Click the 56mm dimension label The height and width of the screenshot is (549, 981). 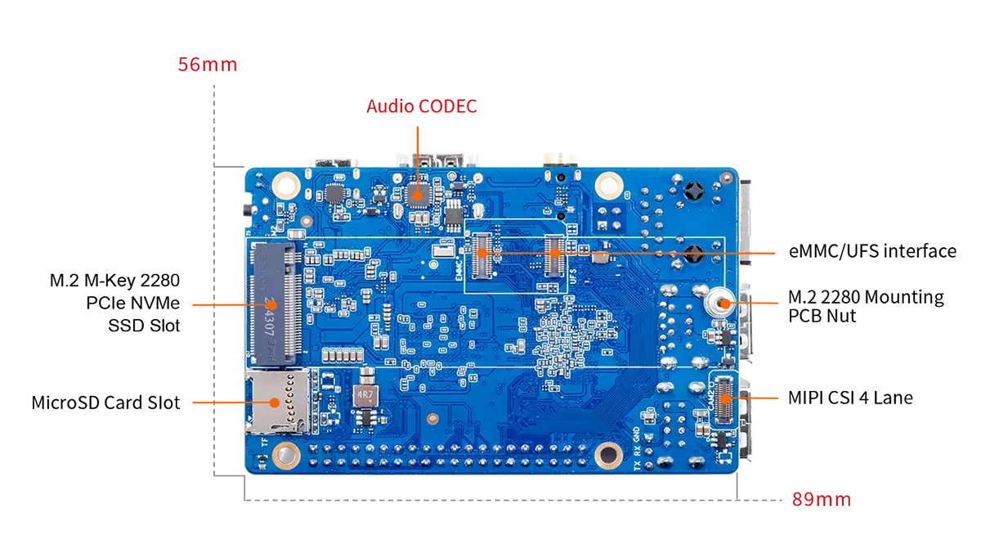point(208,65)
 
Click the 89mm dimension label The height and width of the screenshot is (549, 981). point(822,499)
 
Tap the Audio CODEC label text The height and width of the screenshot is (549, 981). point(421,106)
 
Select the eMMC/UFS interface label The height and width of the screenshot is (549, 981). point(872,251)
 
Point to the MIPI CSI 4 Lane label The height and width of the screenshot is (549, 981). point(850,398)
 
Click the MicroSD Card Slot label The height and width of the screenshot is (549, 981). point(105,403)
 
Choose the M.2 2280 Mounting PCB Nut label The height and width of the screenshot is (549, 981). point(866,306)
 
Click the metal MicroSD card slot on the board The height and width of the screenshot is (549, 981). point(279,402)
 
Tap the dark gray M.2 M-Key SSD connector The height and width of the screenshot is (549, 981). point(275,304)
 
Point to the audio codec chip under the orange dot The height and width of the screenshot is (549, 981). point(418,196)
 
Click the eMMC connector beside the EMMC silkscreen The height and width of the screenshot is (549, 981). point(482,256)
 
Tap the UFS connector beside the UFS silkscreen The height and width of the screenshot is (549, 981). point(554,256)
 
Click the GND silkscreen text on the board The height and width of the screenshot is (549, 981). point(636,434)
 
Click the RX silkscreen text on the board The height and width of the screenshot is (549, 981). point(637,451)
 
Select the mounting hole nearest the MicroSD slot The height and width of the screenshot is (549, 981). point(286,454)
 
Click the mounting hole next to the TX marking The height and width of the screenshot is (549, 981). point(608,454)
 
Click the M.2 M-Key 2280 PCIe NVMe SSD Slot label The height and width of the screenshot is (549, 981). point(114,303)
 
